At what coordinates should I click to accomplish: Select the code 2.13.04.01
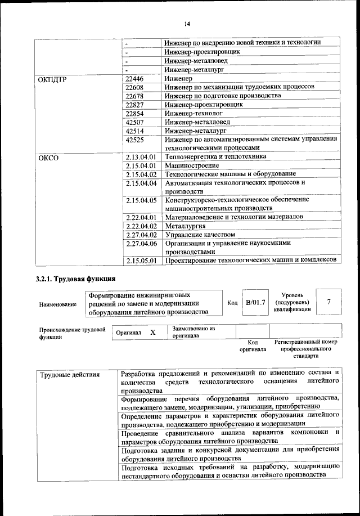pyautogui.click(x=141, y=156)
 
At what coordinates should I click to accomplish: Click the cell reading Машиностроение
pyautogui.click(x=188, y=165)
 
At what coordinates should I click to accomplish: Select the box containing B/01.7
pyautogui.click(x=255, y=303)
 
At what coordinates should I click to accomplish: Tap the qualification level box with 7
pyautogui.click(x=328, y=303)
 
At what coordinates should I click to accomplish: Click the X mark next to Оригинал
pyautogui.click(x=153, y=333)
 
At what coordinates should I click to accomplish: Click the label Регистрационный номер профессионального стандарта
pyautogui.click(x=305, y=349)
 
